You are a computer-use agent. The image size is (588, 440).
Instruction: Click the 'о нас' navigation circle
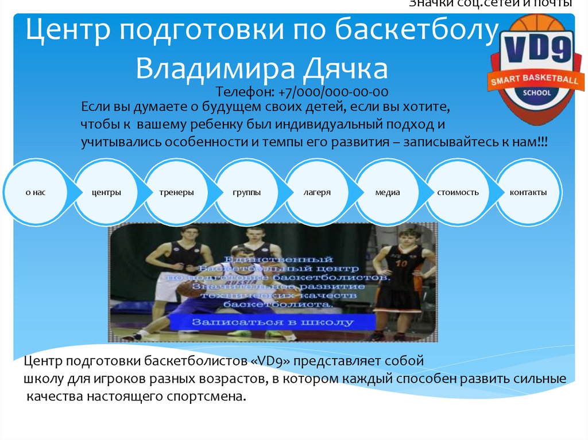pos(36,193)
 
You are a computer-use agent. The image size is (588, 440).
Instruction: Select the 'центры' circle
pos(106,193)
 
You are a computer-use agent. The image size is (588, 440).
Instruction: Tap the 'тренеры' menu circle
pos(177,193)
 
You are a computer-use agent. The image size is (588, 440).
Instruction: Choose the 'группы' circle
pos(247,193)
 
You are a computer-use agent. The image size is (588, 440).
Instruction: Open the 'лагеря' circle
pos(317,193)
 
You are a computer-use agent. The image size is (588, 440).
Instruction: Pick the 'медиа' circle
pos(388,193)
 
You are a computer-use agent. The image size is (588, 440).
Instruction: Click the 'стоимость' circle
pos(458,193)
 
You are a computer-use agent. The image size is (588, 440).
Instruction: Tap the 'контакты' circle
pos(528,193)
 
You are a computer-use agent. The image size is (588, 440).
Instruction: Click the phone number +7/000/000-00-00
pos(334,92)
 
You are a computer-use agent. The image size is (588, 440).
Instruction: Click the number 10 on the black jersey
pos(401,264)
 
